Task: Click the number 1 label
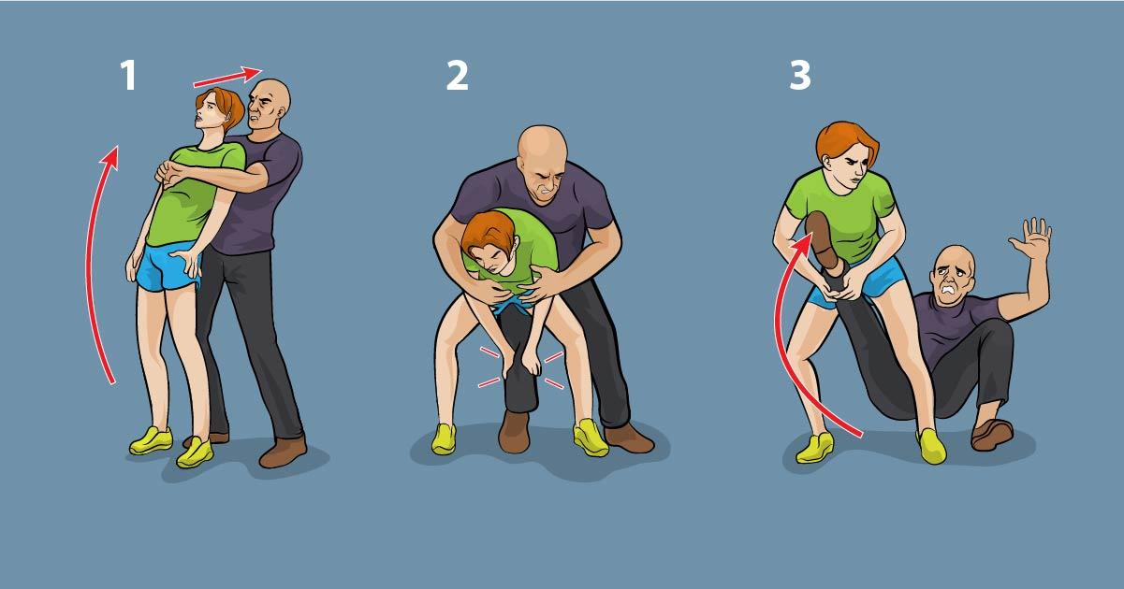point(128,75)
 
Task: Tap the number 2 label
point(457,75)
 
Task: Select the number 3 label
point(800,75)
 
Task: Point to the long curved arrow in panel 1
point(91,261)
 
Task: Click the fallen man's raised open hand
point(1032,240)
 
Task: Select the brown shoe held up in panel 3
point(822,240)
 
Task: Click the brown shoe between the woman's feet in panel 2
point(514,432)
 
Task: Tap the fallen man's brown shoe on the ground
point(992,435)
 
